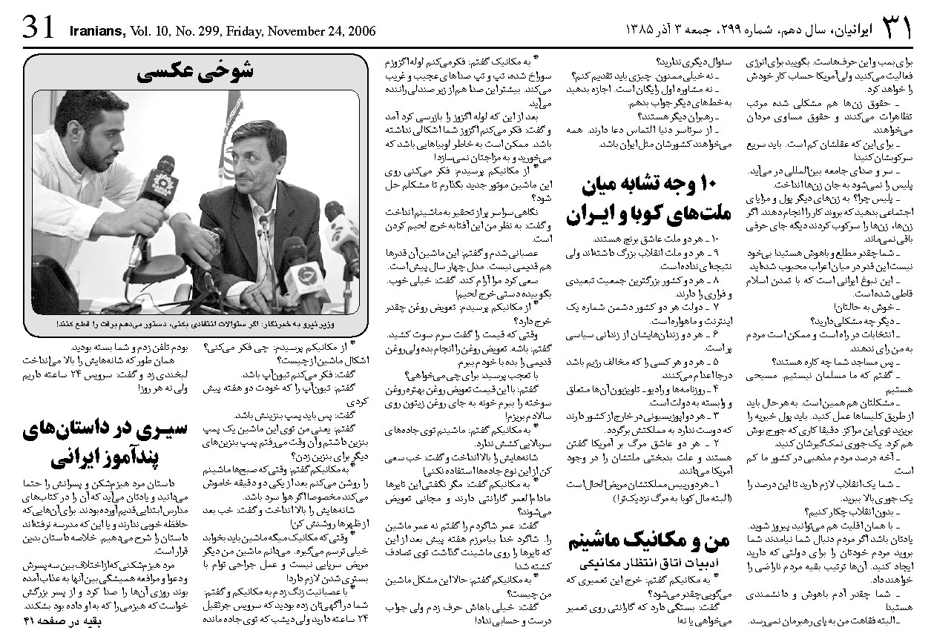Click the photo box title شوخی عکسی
point(196,72)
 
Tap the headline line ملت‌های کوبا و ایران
point(645,215)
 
